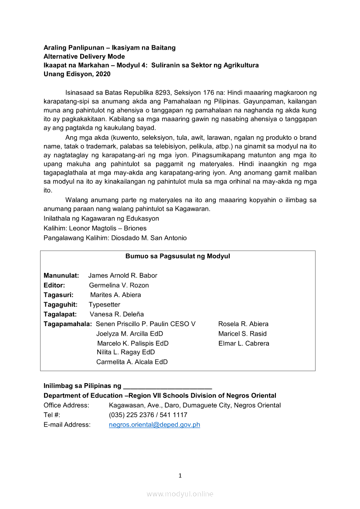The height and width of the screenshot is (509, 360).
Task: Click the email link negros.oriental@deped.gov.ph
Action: pos(154,425)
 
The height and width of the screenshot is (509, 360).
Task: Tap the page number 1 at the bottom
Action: pos(180,475)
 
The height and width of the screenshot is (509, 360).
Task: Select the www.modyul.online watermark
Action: pos(180,494)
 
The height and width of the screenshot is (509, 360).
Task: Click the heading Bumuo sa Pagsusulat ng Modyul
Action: pos(178,256)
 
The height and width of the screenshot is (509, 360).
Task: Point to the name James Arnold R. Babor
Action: pos(122,275)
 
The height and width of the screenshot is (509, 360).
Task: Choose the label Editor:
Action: pos(54,285)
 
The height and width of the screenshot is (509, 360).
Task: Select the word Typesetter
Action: pos(105,304)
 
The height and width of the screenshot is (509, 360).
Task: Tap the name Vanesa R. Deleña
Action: pos(117,314)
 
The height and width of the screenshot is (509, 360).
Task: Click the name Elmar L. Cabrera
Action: pos(244,343)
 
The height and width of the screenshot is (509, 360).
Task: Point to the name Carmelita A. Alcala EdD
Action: pos(132,362)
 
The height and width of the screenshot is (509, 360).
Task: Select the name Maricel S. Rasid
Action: pos(242,334)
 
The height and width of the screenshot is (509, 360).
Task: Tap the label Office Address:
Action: pos(66,405)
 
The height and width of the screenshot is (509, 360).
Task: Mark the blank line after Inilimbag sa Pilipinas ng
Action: pos(168,386)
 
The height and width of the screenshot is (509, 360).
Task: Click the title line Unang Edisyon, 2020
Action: pos(77,74)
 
